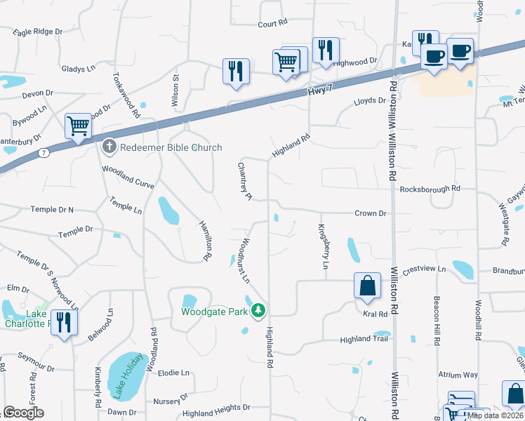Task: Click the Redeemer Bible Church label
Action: [x=171, y=147]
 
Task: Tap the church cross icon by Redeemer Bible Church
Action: [x=109, y=147]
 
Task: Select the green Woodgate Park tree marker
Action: [x=258, y=310]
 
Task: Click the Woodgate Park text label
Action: [x=215, y=311]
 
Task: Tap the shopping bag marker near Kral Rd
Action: [x=366, y=287]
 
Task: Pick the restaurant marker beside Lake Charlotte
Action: [x=64, y=323]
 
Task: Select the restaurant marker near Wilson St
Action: [x=235, y=72]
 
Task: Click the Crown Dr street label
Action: [x=371, y=213]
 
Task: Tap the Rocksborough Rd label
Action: [x=430, y=189]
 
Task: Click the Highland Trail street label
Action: [x=364, y=340]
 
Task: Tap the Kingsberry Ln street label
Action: [x=324, y=246]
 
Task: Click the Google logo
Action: [x=23, y=413]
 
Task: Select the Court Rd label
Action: [x=273, y=23]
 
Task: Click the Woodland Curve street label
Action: [x=127, y=171]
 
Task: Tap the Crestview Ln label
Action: [x=424, y=269]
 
